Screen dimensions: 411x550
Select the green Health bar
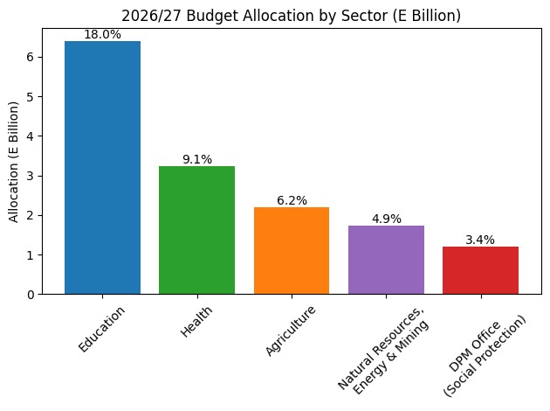tap(196, 230)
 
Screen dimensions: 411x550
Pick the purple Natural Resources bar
tap(386, 260)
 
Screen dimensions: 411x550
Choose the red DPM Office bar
tap(480, 270)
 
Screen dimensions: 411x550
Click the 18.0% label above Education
tap(102, 34)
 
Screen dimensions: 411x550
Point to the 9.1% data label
tap(196, 159)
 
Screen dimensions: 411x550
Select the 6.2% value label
tap(292, 200)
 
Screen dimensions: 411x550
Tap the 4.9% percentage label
tap(386, 219)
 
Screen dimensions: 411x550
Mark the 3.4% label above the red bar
tap(480, 240)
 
